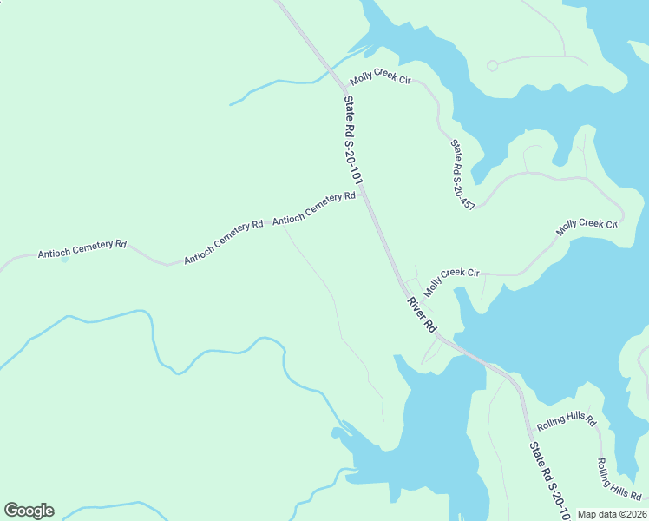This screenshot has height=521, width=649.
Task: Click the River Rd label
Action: click(421, 314)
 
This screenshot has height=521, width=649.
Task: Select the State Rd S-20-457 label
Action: click(462, 175)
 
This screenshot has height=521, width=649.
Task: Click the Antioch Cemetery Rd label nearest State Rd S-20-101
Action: click(314, 208)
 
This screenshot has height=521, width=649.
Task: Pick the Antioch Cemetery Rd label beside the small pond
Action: click(82, 249)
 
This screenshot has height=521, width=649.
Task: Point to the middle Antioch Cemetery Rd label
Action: click(223, 242)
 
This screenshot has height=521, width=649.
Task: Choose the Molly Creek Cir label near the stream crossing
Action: click(379, 79)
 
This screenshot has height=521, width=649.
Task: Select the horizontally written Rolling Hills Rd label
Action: click(567, 422)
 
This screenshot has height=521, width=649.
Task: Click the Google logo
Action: click(29, 511)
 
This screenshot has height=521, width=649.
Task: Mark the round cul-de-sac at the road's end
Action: click(492, 65)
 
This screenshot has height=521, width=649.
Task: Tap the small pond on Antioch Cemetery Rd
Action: click(63, 259)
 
